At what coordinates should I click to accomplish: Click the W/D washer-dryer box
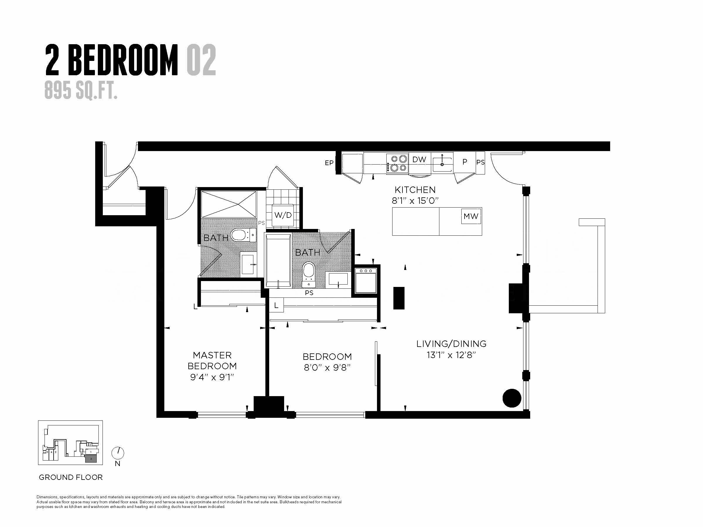283,215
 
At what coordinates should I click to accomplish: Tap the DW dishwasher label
419,160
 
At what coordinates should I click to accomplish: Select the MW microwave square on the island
471,216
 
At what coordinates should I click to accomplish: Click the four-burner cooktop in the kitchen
397,163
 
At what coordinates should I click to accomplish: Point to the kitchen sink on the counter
442,163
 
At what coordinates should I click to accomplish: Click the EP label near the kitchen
329,163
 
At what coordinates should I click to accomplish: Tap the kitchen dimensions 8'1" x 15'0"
415,201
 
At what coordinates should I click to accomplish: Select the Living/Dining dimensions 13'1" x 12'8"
451,355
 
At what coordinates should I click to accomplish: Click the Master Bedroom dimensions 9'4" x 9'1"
212,377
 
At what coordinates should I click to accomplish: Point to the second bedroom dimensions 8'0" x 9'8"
327,367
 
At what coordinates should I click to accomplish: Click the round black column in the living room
512,398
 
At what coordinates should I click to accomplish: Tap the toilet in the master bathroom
241,235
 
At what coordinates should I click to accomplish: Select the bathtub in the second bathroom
278,261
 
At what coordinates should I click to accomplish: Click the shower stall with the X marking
229,204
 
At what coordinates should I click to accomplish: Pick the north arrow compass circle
118,453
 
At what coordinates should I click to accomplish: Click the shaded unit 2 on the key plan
91,459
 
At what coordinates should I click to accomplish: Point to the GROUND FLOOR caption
71,478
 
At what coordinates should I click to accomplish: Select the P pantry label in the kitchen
465,162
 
